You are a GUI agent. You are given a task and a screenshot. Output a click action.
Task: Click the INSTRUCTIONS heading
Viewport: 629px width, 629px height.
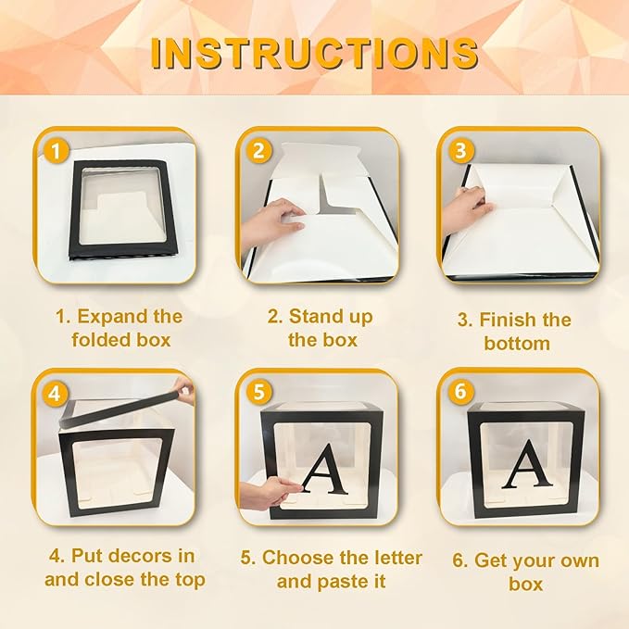315,54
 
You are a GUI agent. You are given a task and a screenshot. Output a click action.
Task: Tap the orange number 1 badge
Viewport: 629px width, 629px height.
57,151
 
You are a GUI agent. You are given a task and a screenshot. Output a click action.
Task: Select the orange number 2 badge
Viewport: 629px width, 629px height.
258,150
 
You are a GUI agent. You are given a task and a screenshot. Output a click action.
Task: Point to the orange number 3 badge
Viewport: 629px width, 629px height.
461,150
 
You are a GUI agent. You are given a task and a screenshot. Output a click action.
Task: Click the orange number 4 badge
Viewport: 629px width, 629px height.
55,394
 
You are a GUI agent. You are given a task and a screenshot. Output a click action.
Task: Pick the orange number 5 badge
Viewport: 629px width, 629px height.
258,391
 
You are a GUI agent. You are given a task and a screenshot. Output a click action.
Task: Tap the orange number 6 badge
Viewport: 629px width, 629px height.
461,391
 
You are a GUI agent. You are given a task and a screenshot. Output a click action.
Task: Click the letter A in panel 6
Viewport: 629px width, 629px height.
527,464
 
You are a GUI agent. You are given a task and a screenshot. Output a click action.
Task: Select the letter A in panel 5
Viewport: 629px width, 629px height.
326,469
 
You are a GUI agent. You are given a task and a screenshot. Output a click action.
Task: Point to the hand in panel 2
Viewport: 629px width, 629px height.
272,221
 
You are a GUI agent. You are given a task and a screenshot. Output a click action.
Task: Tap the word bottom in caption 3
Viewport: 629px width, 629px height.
517,344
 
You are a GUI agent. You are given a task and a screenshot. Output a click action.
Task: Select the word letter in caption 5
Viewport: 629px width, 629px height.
395,558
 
